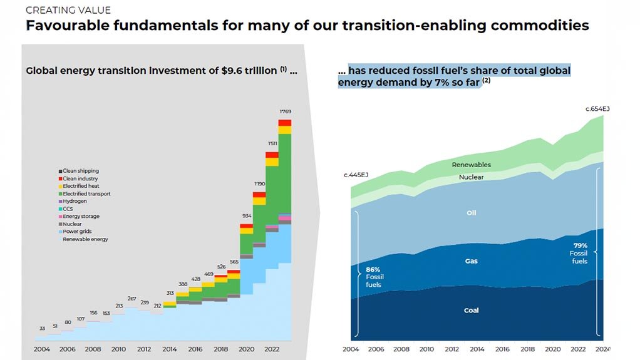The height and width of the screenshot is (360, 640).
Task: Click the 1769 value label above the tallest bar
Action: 285,111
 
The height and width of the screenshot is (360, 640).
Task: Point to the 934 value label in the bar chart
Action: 246,216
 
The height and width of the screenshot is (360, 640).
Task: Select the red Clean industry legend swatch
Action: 61,178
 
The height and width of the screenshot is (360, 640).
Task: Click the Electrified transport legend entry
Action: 86,194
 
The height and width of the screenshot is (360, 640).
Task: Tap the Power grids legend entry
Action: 77,232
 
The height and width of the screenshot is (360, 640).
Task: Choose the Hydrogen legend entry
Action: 75,202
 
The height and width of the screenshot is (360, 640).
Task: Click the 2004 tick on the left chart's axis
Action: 41,348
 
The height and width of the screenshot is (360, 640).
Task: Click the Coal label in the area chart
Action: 471,311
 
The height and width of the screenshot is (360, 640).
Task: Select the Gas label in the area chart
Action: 471,261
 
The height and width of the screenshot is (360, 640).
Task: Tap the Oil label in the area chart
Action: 472,213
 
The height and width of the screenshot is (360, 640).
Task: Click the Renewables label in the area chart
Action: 471,165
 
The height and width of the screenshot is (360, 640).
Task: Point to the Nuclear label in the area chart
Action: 471,177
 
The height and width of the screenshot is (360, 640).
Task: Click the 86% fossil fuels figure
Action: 373,269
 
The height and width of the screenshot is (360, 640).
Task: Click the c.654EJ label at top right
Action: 597,109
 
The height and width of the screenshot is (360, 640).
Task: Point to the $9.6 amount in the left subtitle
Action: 232,71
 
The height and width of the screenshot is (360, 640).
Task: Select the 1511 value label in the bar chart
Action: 272,143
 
